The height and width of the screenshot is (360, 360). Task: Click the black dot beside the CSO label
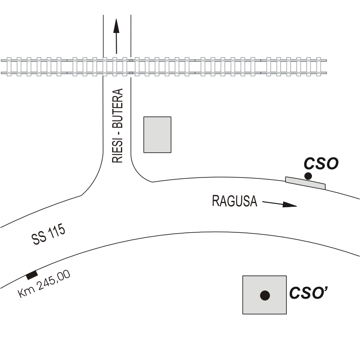(308, 176)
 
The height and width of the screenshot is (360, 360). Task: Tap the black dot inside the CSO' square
(264, 296)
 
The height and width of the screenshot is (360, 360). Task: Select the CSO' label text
(307, 293)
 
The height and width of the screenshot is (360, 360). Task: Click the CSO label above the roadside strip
(321, 164)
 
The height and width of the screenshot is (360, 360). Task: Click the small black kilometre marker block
(32, 275)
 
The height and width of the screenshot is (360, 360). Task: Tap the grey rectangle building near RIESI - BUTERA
(157, 134)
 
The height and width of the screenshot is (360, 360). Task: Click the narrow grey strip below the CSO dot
(306, 183)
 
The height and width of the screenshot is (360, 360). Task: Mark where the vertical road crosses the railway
(117, 66)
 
